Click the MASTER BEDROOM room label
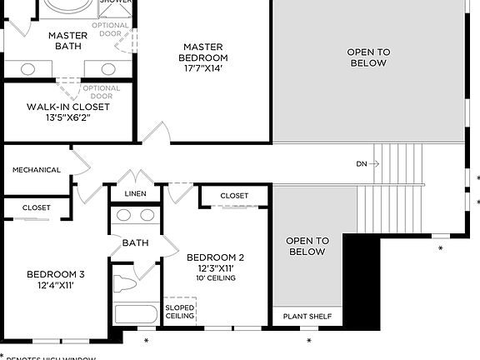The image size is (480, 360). (203, 52)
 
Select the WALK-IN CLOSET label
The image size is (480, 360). (68, 107)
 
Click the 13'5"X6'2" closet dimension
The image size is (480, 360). (68, 118)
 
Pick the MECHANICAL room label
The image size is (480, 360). (37, 170)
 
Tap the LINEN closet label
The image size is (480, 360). (135, 194)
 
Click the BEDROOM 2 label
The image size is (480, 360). (215, 257)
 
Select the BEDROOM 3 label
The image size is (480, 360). (55, 274)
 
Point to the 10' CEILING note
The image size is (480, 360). (215, 278)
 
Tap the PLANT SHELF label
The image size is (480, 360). (307, 317)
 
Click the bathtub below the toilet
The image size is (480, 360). (136, 316)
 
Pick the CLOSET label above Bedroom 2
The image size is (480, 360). (234, 196)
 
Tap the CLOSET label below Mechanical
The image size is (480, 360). (37, 207)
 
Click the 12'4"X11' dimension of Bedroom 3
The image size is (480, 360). (55, 287)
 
